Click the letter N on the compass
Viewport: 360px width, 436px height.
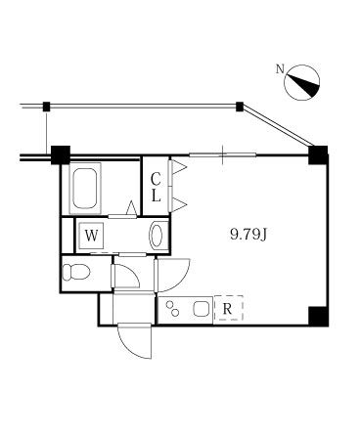point(281,69)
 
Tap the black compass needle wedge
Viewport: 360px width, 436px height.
point(306,86)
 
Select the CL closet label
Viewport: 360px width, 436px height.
point(156,186)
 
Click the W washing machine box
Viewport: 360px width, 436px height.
point(91,236)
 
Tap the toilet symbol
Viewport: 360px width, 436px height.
point(75,271)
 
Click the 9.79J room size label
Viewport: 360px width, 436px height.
point(248,234)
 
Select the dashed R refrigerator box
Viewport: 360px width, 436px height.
point(228,310)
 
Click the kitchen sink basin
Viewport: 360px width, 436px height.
point(201,310)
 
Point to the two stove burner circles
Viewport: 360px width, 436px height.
point(176,310)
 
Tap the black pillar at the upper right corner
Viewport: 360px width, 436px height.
point(317,153)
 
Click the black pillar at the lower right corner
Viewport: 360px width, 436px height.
point(317,315)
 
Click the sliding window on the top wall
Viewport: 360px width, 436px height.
point(223,153)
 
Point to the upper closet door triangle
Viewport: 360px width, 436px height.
point(179,169)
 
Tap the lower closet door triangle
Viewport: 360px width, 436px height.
point(179,203)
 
